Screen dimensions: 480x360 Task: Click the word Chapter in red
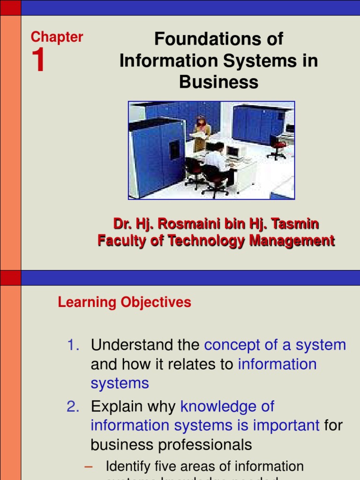pyautogui.click(x=57, y=37)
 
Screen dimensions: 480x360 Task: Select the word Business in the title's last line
pyautogui.click(x=218, y=82)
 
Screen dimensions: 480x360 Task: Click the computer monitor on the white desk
pyautogui.click(x=233, y=151)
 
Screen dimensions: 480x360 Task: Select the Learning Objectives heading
pyautogui.click(x=124, y=302)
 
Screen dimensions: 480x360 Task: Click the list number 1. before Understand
pyautogui.click(x=74, y=345)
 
